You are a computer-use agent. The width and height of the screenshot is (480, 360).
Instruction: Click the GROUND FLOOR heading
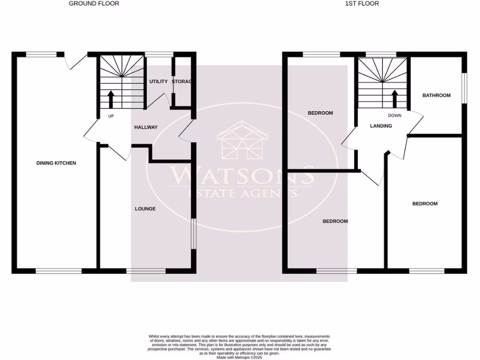pyautogui.click(x=94, y=3)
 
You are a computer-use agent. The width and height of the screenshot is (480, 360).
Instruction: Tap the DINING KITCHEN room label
pyautogui.click(x=56, y=163)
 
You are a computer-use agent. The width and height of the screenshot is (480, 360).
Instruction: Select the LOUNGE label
pyautogui.click(x=145, y=209)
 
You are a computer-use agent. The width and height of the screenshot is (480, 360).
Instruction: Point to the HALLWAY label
pyautogui.click(x=146, y=127)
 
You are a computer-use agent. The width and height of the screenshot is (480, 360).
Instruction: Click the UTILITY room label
pyautogui.click(x=158, y=82)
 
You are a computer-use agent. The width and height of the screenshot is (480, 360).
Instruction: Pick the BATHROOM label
pyautogui.click(x=436, y=95)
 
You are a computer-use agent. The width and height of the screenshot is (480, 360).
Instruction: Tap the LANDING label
pyautogui.click(x=381, y=126)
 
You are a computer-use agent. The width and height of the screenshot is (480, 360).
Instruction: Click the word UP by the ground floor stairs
pyautogui.click(x=111, y=116)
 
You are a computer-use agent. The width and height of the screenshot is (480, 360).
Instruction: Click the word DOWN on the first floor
pyautogui.click(x=395, y=115)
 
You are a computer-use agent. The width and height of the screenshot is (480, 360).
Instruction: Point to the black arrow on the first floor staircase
pyautogui.click(x=395, y=99)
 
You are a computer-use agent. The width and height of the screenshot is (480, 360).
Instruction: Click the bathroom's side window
pyautogui.click(x=465, y=87)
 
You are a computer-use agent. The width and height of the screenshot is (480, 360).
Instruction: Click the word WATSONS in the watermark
pyautogui.click(x=242, y=176)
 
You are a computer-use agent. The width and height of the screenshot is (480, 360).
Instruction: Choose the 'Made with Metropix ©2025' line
pyautogui.click(x=240, y=357)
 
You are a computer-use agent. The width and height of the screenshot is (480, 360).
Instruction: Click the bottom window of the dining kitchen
pyautogui.click(x=59, y=271)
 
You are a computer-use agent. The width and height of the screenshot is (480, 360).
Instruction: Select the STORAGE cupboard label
pyautogui.click(x=182, y=82)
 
